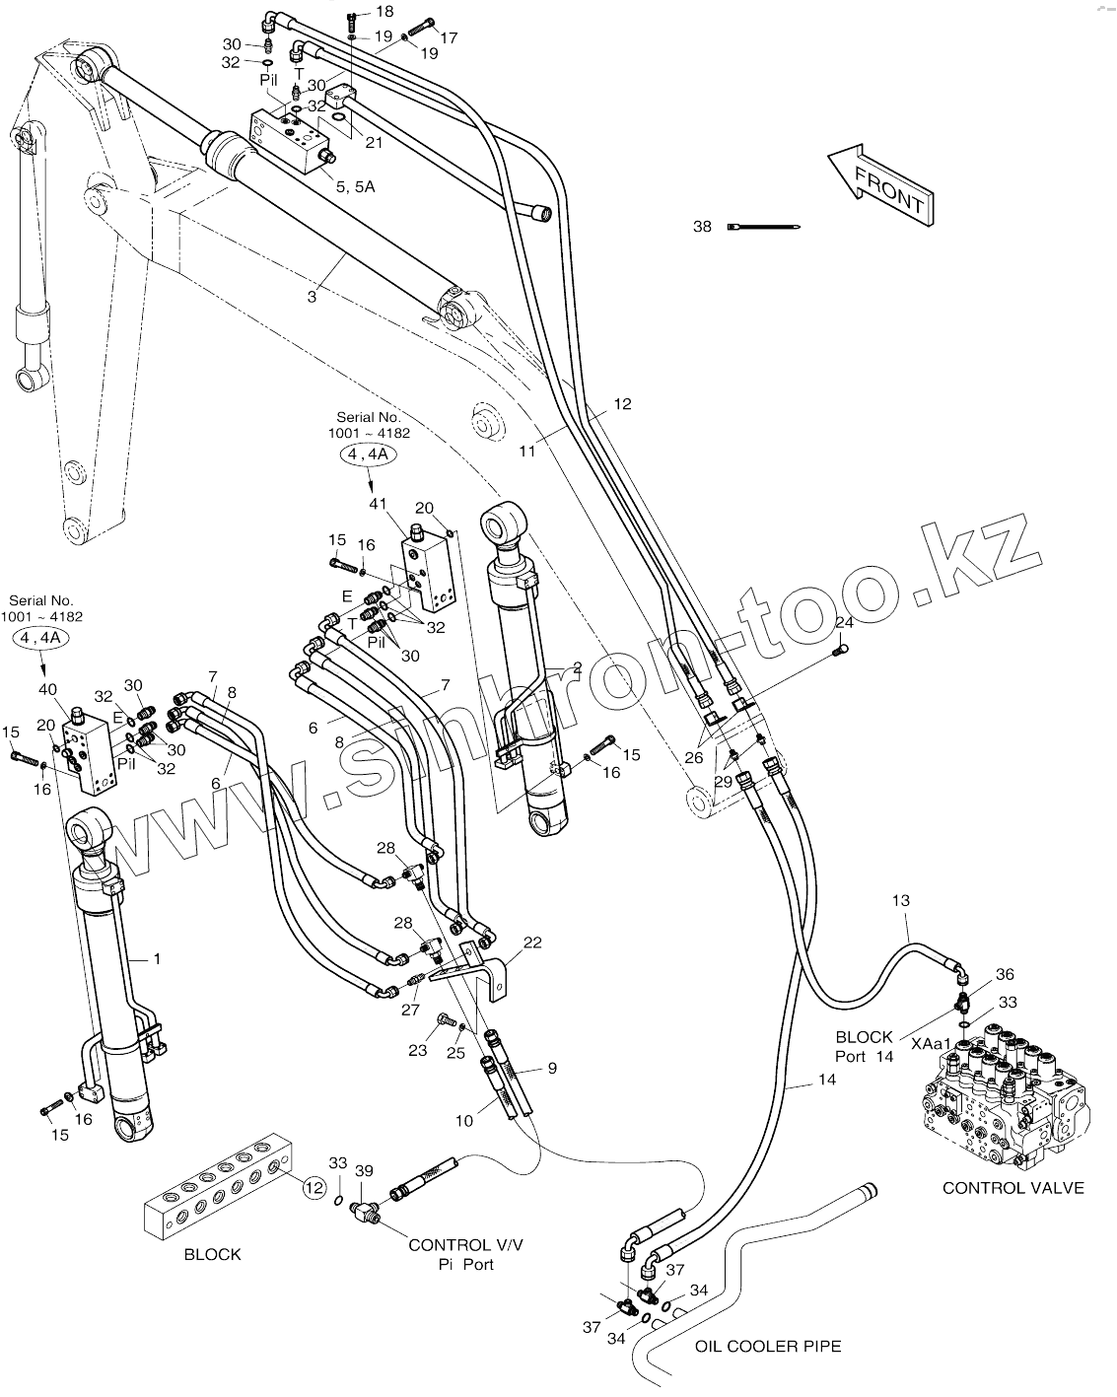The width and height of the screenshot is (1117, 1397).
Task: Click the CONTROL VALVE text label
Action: coord(1012,1188)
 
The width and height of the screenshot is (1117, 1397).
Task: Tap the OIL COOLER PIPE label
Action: coord(768,1346)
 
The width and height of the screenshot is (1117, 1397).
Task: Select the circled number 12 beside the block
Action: coord(314,1188)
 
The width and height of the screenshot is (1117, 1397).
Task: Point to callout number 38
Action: coord(702,227)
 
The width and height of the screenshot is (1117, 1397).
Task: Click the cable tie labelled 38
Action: coord(764,228)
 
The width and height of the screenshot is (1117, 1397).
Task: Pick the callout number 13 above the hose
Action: coord(900,900)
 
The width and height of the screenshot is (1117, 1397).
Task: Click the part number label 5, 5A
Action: coord(355,185)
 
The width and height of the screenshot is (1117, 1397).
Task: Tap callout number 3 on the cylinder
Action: coord(312,296)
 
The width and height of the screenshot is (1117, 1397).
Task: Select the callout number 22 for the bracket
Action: coord(532,943)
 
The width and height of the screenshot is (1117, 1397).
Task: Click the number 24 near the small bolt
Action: coord(844,623)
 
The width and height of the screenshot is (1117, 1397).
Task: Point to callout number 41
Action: coord(379,504)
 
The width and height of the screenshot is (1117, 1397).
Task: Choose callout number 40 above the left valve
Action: coord(47,690)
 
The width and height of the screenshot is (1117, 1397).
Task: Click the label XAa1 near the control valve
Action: coord(931,1043)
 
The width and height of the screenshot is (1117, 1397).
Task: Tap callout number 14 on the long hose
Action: coord(826,1080)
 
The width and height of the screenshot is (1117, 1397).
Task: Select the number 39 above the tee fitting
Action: coord(365,1170)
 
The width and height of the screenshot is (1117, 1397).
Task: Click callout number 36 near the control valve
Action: coord(1005,974)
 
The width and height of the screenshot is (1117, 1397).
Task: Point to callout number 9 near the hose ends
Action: coord(552,1067)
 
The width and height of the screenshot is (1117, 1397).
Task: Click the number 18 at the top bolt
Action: coord(384,12)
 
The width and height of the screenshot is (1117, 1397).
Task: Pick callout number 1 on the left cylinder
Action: coord(156,957)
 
